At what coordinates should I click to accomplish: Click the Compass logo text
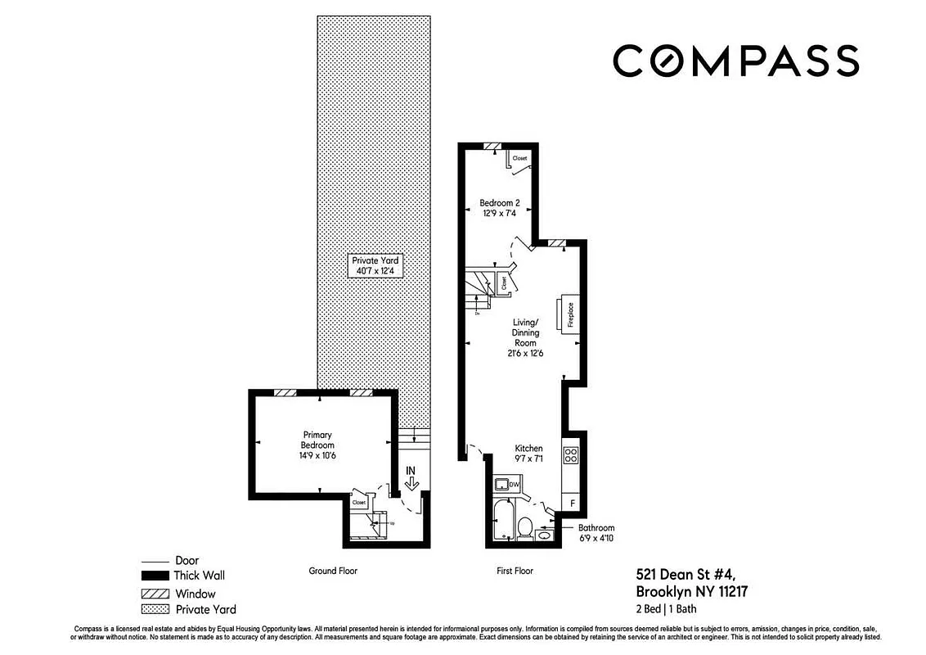[735, 61]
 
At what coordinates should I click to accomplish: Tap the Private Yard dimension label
[376, 265]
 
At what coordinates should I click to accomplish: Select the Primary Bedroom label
[317, 440]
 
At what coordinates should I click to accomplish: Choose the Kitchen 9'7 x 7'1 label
[528, 454]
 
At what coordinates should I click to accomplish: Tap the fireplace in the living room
[569, 314]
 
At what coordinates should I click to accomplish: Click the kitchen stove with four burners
[571, 455]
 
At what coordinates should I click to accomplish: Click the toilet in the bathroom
[524, 526]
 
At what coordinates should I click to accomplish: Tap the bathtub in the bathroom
[502, 523]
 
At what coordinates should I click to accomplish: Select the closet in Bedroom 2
[519, 157]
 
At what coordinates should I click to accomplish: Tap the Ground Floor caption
[333, 571]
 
